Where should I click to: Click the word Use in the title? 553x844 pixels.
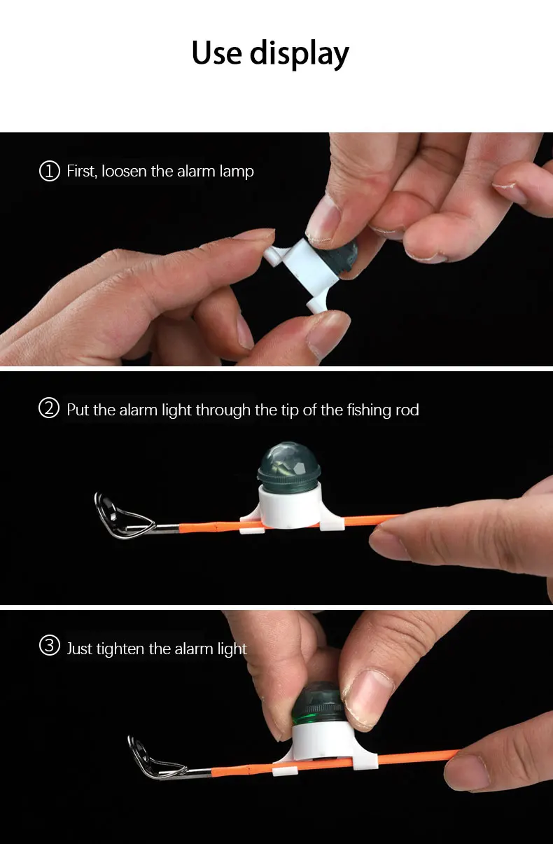click(216, 53)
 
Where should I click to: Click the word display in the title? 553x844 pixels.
click(300, 55)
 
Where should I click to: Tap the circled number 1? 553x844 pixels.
click(49, 171)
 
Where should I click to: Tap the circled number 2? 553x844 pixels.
click(49, 409)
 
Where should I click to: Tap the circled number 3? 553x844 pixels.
click(49, 646)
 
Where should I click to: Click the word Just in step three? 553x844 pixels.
click(80, 649)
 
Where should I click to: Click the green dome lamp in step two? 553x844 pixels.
click(288, 466)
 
